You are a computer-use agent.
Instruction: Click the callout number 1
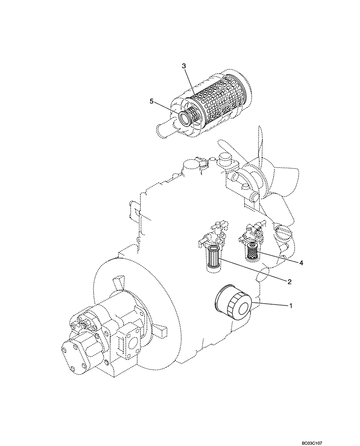pos(291,306)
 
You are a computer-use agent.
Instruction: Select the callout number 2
pos(289,281)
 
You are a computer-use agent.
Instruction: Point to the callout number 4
pos(301,263)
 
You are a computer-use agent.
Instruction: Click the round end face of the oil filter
pos(241,309)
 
